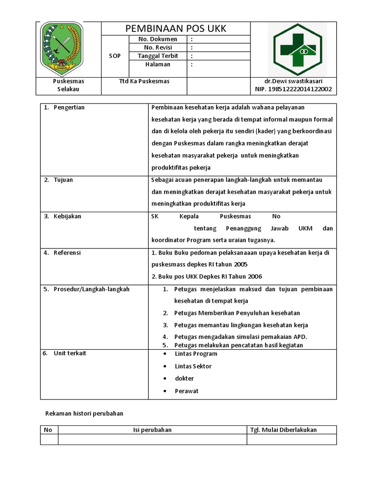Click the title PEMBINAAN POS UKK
175,28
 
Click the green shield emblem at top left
61,48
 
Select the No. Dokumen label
158,39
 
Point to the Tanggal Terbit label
158,56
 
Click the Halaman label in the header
158,64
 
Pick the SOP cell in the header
114,56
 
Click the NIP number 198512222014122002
294,89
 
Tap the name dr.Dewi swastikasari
294,81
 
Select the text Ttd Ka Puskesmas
144,81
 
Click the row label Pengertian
69,108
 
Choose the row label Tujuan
63,180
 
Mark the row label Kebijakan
67,216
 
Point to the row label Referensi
67,253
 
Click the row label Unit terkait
70,353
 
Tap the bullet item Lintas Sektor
193,366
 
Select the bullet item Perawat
187,391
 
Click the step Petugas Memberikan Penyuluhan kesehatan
237,313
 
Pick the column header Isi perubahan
152,430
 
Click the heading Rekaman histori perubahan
84,414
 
